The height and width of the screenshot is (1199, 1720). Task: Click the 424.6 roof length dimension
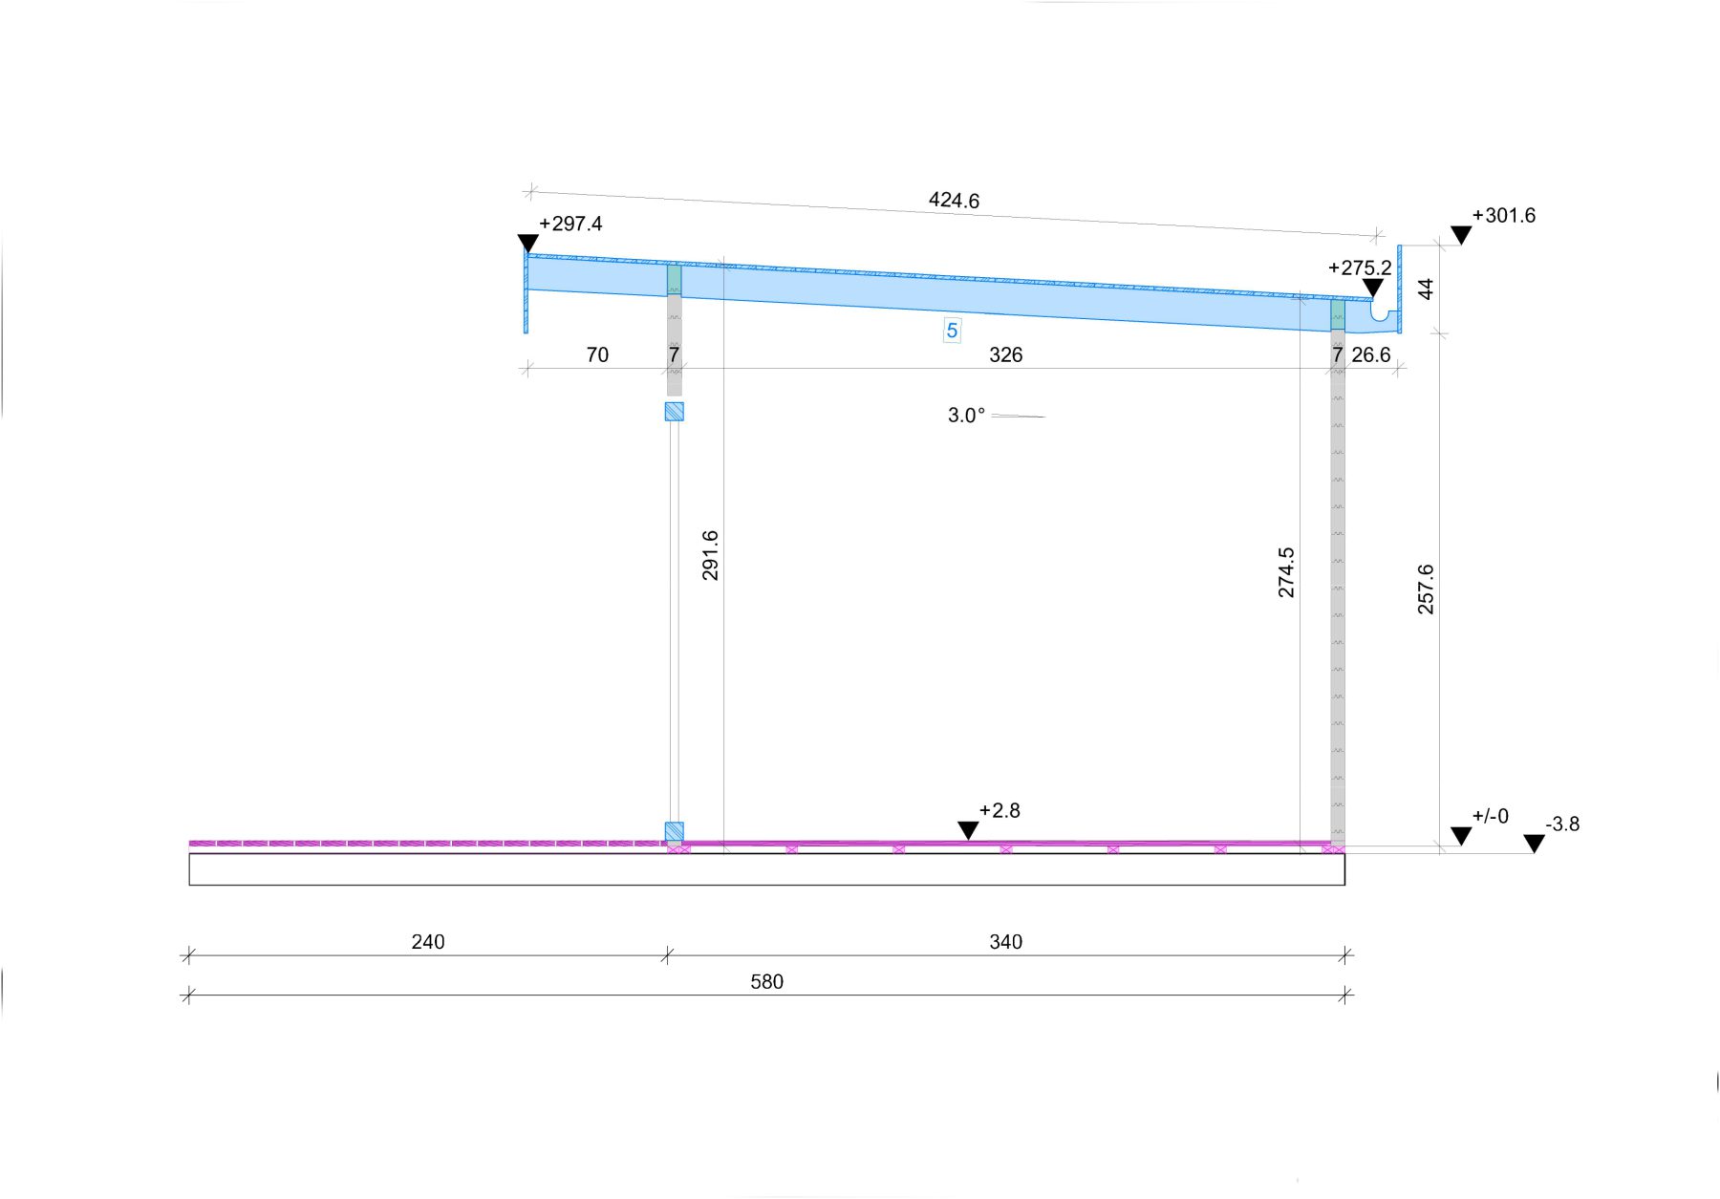pyautogui.click(x=954, y=201)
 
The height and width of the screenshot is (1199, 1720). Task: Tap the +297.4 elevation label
pyautogui.click(x=570, y=224)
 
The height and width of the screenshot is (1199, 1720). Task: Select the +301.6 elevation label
pyautogui.click(x=1504, y=216)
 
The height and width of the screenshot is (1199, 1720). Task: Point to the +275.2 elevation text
pyautogui.click(x=1360, y=268)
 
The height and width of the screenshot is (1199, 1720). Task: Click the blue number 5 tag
pyautogui.click(x=952, y=332)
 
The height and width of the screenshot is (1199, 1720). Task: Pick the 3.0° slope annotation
pyautogui.click(x=966, y=416)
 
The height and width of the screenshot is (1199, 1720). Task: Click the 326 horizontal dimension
pyautogui.click(x=1005, y=355)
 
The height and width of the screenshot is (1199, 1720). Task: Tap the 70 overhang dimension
pyautogui.click(x=597, y=355)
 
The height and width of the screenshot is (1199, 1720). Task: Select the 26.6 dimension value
pyautogui.click(x=1371, y=355)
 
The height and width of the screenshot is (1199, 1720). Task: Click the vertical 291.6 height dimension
pyautogui.click(x=710, y=556)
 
